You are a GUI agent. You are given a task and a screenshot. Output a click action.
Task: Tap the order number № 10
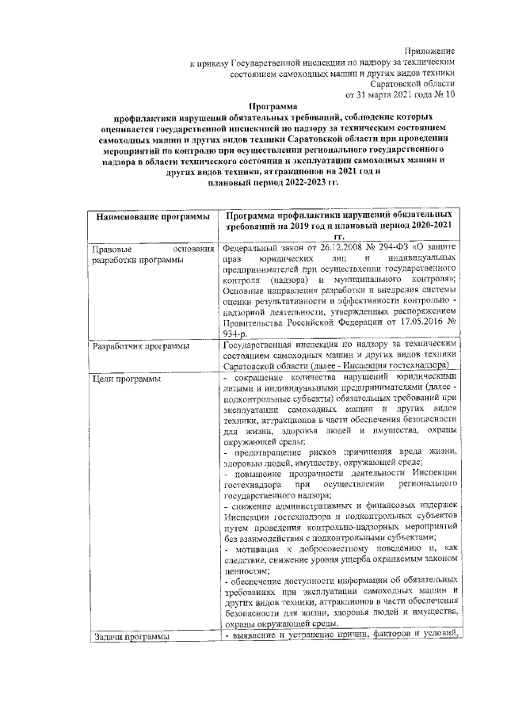pyautogui.click(x=446, y=94)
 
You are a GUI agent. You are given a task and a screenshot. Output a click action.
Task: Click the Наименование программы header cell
pyautogui.click(x=147, y=216)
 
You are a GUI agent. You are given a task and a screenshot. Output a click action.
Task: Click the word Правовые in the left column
pyautogui.click(x=112, y=250)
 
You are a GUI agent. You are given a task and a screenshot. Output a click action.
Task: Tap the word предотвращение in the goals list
pyautogui.click(x=269, y=449)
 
